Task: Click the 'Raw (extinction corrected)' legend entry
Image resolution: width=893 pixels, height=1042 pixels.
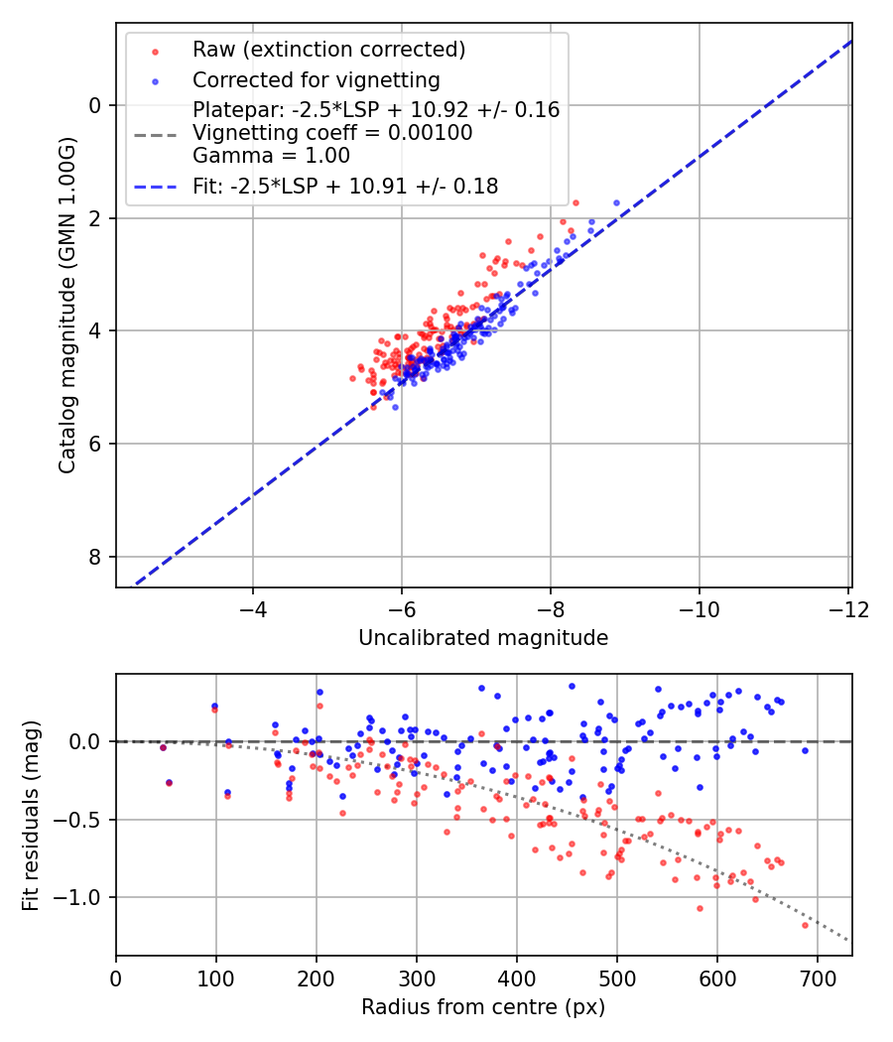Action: click(x=328, y=50)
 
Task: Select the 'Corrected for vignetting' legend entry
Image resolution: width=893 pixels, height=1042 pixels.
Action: click(x=316, y=79)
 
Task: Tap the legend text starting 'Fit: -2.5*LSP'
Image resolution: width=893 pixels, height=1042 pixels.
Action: click(x=344, y=186)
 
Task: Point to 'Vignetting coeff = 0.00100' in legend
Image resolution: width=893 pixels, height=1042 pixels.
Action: click(x=332, y=132)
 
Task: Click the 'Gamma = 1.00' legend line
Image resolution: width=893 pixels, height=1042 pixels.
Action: click(x=271, y=155)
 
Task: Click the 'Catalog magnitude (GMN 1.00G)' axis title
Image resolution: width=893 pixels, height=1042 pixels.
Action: click(x=66, y=305)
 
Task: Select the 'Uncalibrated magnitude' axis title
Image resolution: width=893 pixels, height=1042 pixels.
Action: click(x=483, y=638)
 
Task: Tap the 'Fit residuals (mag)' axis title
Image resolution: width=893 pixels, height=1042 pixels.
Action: click(x=31, y=815)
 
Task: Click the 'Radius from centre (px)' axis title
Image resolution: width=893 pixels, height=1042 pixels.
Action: click(x=483, y=1007)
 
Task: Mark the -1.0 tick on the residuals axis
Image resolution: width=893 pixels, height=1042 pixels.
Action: click(x=83, y=898)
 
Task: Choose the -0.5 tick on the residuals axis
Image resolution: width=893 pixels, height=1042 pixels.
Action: click(x=83, y=820)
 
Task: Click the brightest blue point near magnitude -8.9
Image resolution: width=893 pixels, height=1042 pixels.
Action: click(x=616, y=202)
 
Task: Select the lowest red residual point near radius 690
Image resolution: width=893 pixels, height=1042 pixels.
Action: click(x=806, y=925)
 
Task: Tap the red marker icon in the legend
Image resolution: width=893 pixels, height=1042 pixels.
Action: click(x=155, y=50)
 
